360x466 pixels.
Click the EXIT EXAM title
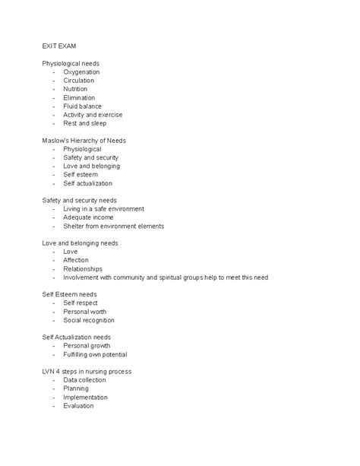point(58,46)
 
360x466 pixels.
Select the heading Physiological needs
point(71,63)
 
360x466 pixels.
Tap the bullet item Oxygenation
point(81,72)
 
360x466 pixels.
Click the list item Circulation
point(79,81)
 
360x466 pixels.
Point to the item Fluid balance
point(83,106)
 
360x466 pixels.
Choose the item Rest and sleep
point(85,123)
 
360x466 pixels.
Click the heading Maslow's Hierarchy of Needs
point(84,141)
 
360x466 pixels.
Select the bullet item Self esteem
point(81,175)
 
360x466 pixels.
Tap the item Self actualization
point(87,183)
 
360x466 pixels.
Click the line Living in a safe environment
point(103,209)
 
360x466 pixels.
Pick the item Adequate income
point(88,217)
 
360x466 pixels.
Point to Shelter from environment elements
point(113,226)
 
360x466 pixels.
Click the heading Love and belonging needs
point(80,243)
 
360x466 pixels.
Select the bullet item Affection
point(76,260)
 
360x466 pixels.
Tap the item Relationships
point(82,268)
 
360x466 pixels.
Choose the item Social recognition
point(90,320)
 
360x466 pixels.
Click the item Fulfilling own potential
point(95,354)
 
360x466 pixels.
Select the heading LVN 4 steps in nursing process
point(87,372)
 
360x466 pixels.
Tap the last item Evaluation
point(78,406)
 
